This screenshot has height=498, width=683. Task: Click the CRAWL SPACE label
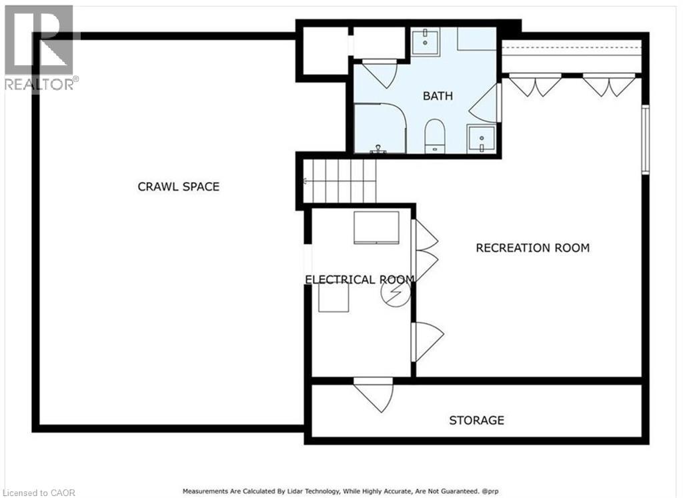179,187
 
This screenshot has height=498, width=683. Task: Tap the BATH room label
438,96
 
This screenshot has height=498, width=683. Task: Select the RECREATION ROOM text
533,248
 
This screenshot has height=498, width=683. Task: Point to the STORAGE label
476,420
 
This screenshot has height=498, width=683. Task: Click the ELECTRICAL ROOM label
360,279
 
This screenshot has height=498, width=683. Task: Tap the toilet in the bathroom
434,136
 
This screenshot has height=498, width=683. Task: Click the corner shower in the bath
380,128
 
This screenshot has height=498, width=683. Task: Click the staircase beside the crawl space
339,181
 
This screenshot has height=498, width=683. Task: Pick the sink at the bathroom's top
426,41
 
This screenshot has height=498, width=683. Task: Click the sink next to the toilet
482,139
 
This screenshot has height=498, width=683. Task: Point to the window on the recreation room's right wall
646,140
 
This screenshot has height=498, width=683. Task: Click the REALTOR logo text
39,84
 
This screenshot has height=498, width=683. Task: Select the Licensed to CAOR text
38,493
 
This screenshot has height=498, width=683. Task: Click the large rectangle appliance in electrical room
376,227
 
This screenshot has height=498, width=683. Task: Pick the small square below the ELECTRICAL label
333,297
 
